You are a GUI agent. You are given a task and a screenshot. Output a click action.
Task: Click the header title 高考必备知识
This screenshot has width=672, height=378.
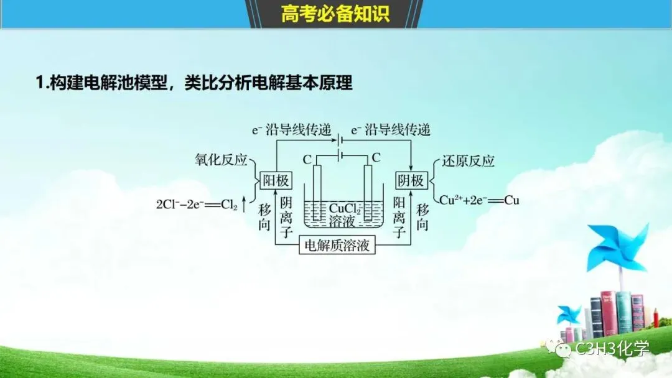335,14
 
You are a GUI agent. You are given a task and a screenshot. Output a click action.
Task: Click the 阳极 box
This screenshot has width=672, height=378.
274,180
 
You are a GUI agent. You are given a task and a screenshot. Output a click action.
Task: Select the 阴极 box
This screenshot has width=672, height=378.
411,180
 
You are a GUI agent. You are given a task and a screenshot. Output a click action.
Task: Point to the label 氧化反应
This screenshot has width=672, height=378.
221,160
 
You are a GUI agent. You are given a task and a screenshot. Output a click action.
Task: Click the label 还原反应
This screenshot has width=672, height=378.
468,161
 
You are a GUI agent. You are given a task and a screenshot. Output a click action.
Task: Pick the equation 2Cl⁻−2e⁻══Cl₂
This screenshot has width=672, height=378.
197,203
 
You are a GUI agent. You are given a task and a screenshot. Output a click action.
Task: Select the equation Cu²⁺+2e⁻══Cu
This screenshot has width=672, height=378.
479,200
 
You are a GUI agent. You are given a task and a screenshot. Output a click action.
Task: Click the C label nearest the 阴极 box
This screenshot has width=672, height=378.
375,159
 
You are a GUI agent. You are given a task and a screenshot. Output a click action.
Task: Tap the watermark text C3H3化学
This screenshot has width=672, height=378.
613,349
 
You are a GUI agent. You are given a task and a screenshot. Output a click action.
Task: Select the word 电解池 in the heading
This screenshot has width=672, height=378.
125,83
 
